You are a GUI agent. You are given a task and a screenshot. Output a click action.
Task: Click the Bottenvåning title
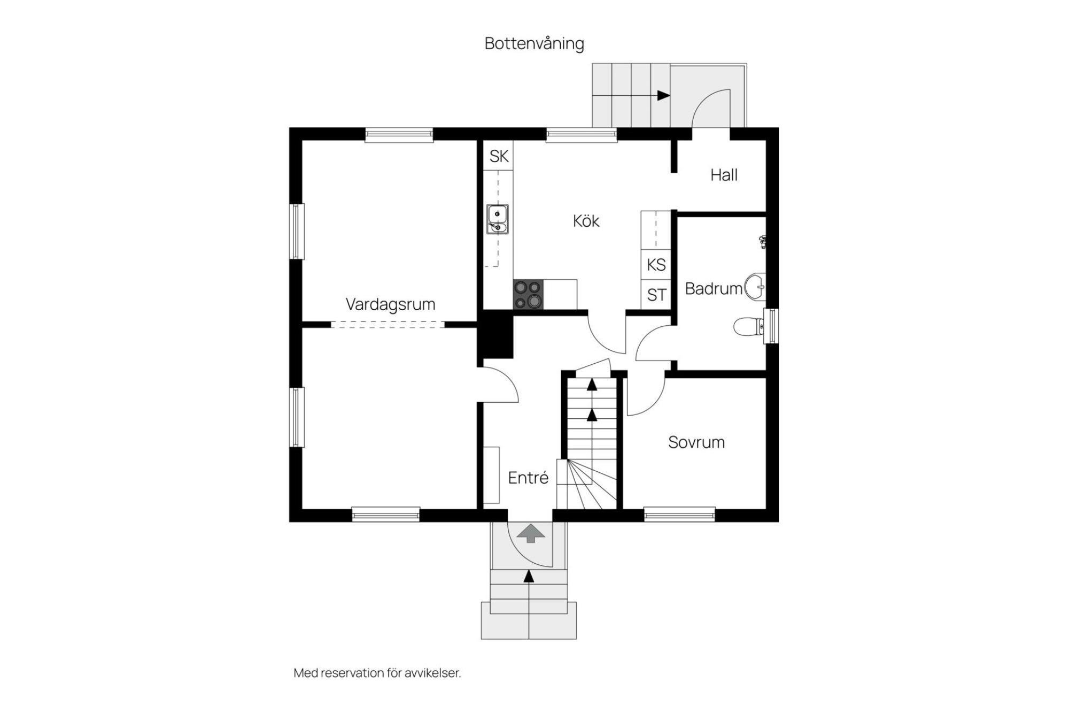[534, 43]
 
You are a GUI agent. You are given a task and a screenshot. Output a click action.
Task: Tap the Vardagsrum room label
[390, 304]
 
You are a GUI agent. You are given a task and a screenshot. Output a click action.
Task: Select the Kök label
[586, 220]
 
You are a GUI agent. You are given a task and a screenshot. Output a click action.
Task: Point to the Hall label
[724, 175]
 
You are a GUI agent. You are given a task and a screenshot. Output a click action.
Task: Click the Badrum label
[714, 289]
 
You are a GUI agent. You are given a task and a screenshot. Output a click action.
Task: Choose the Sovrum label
[696, 442]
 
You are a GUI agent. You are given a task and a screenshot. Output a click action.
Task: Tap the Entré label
[528, 477]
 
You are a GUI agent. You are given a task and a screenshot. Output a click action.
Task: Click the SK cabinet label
[499, 156]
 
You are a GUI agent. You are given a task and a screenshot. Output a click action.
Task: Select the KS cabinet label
[656, 265]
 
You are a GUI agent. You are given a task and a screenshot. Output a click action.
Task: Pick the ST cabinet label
[656, 295]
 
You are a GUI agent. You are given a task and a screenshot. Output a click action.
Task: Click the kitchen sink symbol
[497, 219]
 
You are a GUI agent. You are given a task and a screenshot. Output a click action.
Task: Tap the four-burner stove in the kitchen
[528, 294]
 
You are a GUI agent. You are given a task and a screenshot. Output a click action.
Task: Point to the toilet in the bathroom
[749, 326]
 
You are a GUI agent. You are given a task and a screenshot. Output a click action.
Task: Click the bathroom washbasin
[755, 286]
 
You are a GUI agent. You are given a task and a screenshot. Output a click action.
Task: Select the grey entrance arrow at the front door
[530, 534]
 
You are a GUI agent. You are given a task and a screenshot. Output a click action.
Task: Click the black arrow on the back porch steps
[663, 96]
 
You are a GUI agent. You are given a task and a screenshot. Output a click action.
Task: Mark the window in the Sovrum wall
[679, 514]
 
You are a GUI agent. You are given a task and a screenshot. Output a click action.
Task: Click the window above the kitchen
[582, 135]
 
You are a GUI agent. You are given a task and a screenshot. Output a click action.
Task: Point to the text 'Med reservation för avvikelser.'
[377, 673]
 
